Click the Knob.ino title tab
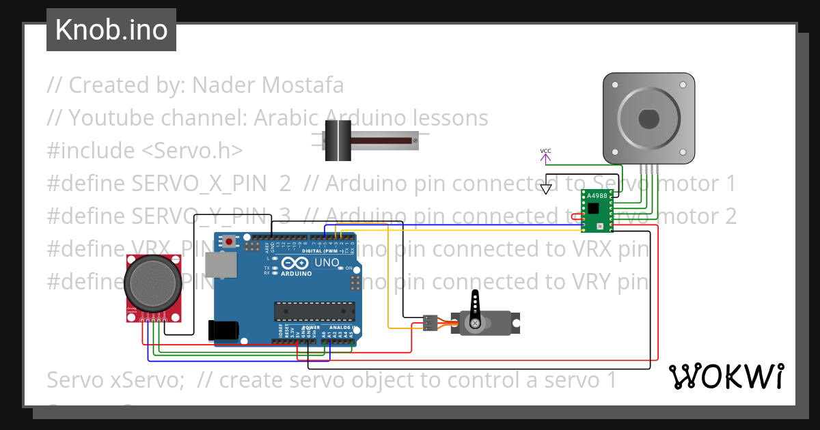tap(111, 30)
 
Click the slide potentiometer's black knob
tap(337, 140)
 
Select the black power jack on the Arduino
tap(223, 330)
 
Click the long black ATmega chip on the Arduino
tap(315, 311)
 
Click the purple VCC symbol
tap(545, 156)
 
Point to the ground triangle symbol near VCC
tap(545, 188)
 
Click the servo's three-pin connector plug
tap(430, 323)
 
